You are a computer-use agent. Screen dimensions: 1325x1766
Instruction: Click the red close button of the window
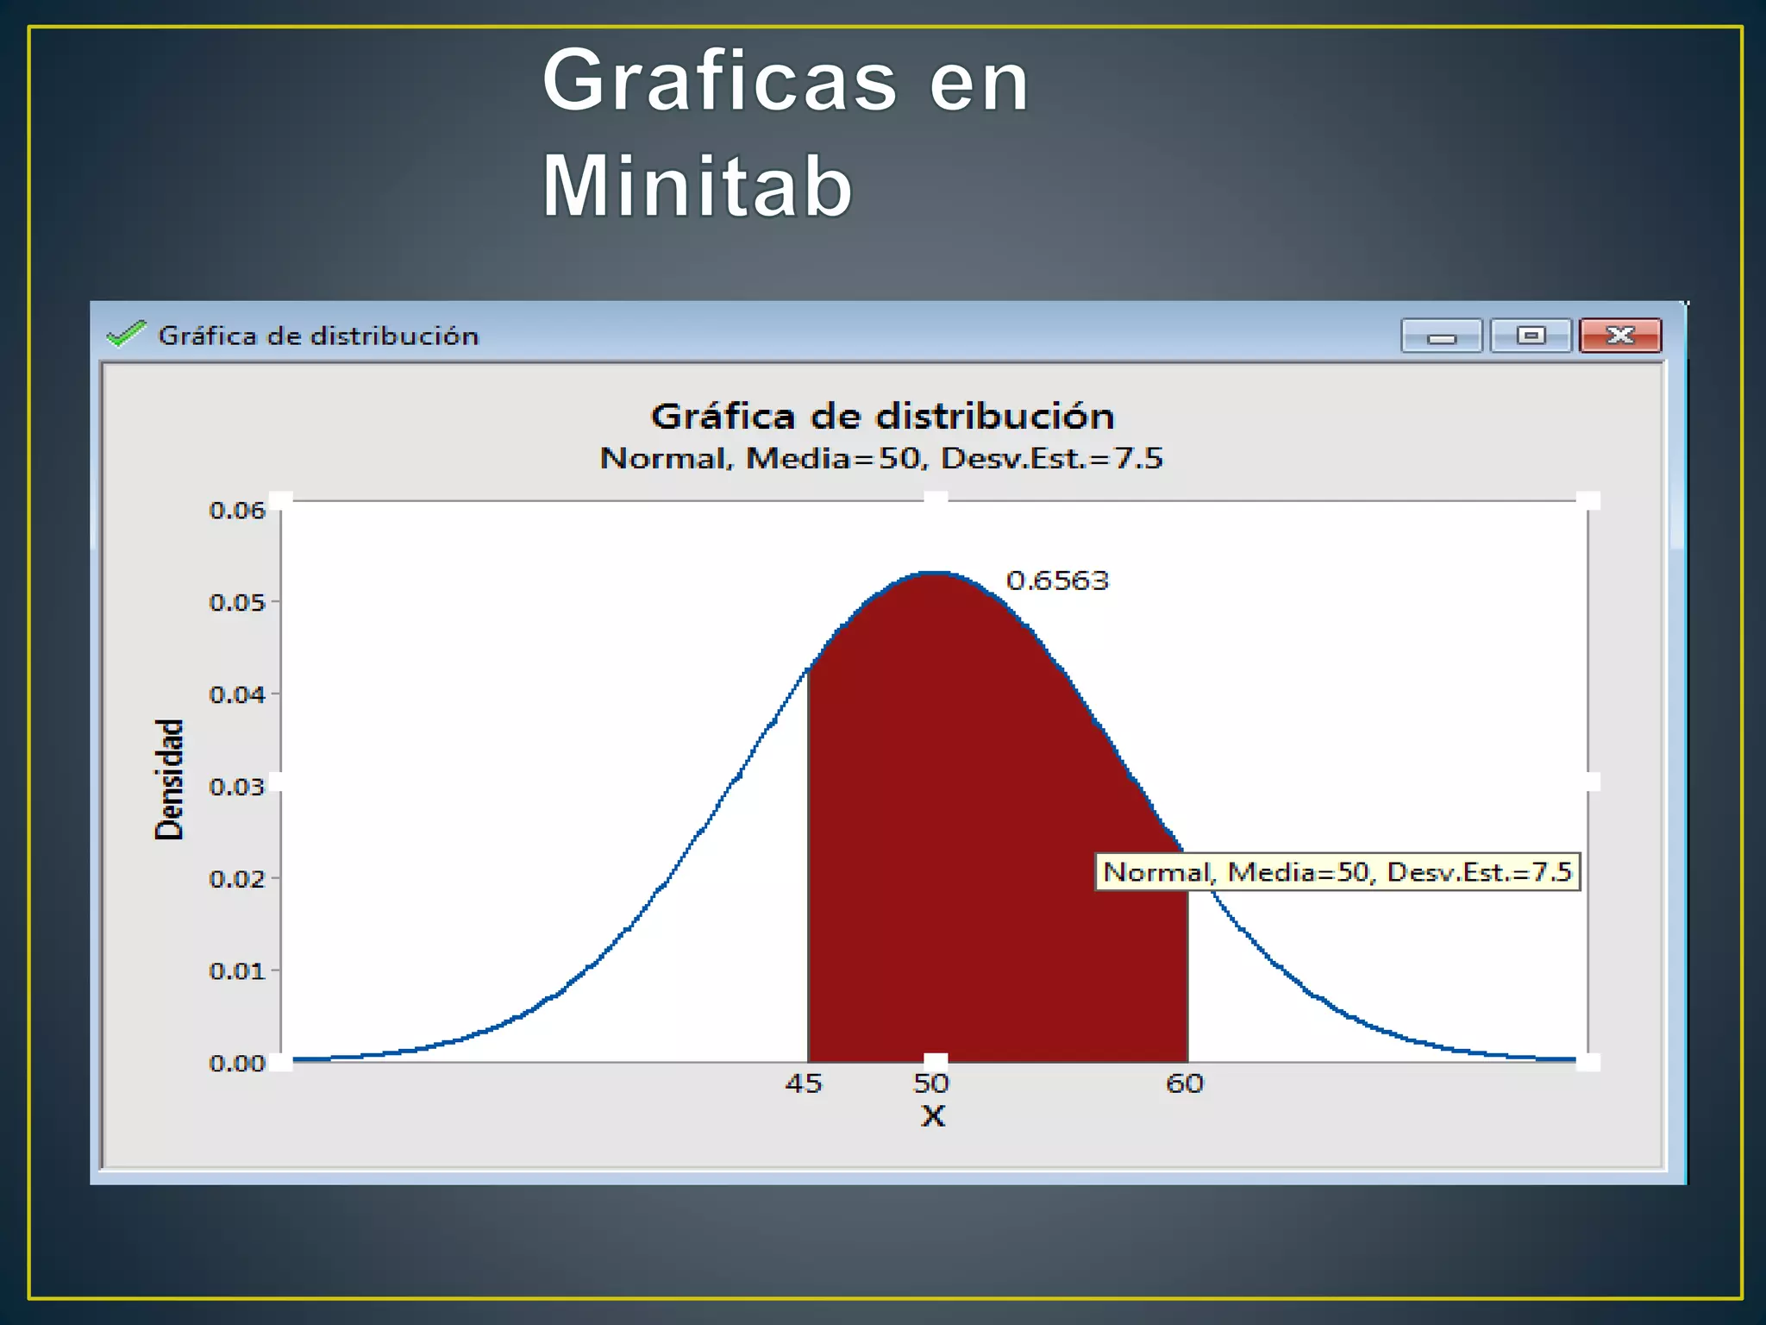[x=1619, y=336]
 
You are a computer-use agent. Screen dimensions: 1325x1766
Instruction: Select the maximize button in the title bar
[x=1531, y=336]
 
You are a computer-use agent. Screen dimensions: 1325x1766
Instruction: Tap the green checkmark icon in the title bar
[x=126, y=334]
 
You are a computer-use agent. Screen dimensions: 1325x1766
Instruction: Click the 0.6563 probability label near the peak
[x=1057, y=581]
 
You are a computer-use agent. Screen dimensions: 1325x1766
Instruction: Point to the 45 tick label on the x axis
[x=804, y=1083]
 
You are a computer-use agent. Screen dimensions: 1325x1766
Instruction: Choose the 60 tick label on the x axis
[x=1185, y=1083]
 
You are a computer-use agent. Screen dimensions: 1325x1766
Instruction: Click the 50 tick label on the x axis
[x=931, y=1083]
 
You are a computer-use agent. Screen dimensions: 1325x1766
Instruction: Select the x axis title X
[x=932, y=1116]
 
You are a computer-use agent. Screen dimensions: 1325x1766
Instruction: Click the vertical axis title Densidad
[x=169, y=779]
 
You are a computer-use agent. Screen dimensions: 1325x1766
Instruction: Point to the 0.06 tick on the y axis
[x=237, y=511]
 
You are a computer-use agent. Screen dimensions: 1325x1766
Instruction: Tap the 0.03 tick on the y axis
[x=237, y=787]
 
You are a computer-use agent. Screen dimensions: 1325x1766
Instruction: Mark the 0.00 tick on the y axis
[x=237, y=1063]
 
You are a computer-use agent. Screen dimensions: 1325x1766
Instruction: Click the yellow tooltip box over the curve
[x=1337, y=872]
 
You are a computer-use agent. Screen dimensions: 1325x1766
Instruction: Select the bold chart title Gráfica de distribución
[x=882, y=417]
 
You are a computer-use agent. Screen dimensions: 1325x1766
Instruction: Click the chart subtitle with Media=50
[x=881, y=458]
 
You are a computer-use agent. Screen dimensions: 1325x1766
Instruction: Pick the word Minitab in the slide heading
[x=697, y=186]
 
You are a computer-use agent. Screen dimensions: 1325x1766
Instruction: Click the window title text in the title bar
[x=318, y=336]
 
